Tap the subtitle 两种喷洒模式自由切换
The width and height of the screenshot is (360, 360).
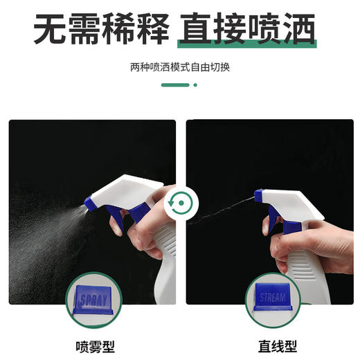click(179, 68)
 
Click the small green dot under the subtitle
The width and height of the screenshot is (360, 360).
click(195, 85)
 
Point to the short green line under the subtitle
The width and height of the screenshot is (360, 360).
click(176, 85)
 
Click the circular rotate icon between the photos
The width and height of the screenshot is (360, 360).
click(181, 204)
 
